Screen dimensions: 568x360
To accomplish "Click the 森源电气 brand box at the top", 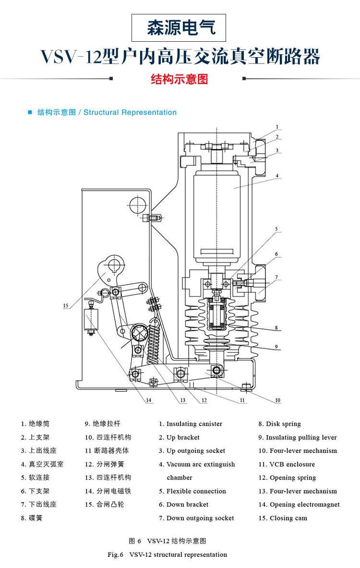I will (180, 27).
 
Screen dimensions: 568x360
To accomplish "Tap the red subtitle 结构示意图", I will (180, 79).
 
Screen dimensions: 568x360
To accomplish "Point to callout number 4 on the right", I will (277, 176).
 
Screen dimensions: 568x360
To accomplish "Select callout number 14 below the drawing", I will (149, 400).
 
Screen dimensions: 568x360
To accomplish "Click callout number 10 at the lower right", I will (277, 400).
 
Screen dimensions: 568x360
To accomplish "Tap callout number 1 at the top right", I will (277, 127).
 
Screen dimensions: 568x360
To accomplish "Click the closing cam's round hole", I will (114, 266).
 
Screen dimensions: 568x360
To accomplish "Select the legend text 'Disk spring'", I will (283, 424).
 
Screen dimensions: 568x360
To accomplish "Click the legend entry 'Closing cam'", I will (288, 518).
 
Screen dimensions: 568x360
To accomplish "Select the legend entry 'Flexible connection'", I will (196, 491).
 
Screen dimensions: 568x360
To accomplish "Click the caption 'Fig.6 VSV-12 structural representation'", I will (167, 555).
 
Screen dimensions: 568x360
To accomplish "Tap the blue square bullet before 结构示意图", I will (30, 112).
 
